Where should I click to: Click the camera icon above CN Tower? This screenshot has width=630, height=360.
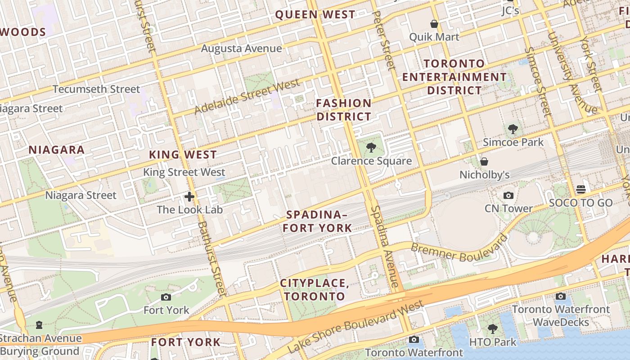point(508,195)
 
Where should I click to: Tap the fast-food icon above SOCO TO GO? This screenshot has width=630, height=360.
point(581,189)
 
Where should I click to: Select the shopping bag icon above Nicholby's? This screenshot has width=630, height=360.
point(484,161)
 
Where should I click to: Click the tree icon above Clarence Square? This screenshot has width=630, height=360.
point(371,147)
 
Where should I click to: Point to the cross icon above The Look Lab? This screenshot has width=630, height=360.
point(189,196)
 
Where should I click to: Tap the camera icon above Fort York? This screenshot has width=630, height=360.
point(166,297)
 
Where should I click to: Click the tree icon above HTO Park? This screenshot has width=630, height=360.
point(493,329)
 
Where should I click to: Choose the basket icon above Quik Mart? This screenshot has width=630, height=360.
point(434,24)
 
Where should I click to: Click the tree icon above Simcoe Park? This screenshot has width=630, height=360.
point(513,129)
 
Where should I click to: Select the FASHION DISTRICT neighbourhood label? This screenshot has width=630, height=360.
point(344,110)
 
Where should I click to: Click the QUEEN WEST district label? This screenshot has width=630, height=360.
point(315,14)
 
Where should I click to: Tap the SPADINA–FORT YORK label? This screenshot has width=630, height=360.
point(317,221)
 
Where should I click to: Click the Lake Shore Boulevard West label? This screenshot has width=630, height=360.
point(355,327)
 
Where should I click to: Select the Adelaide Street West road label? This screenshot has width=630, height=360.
point(247,96)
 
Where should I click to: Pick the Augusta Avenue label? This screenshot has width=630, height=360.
point(241,48)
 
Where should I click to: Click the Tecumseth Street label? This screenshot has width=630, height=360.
point(96,89)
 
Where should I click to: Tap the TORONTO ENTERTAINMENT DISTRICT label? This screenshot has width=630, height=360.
point(454,77)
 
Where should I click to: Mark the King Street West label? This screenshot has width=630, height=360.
point(184,172)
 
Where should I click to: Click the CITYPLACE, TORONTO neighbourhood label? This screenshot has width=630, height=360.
point(315,290)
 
